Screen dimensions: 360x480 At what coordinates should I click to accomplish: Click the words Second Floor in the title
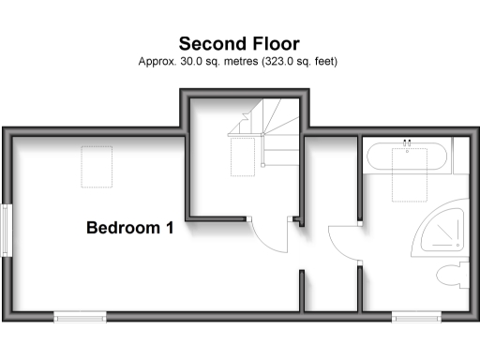pyautogui.click(x=239, y=43)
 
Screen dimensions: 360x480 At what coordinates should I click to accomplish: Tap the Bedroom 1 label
pyautogui.click(x=130, y=227)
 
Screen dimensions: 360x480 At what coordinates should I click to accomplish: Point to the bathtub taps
pyautogui.click(x=407, y=143)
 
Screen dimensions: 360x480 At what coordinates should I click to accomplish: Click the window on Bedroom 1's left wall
pyautogui.click(x=8, y=229)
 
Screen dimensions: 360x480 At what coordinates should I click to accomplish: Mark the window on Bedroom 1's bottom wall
pyautogui.click(x=81, y=317)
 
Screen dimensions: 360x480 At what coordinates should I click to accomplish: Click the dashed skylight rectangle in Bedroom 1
pyautogui.click(x=97, y=167)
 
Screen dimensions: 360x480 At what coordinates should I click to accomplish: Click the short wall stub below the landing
pyautogui.click(x=302, y=291)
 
